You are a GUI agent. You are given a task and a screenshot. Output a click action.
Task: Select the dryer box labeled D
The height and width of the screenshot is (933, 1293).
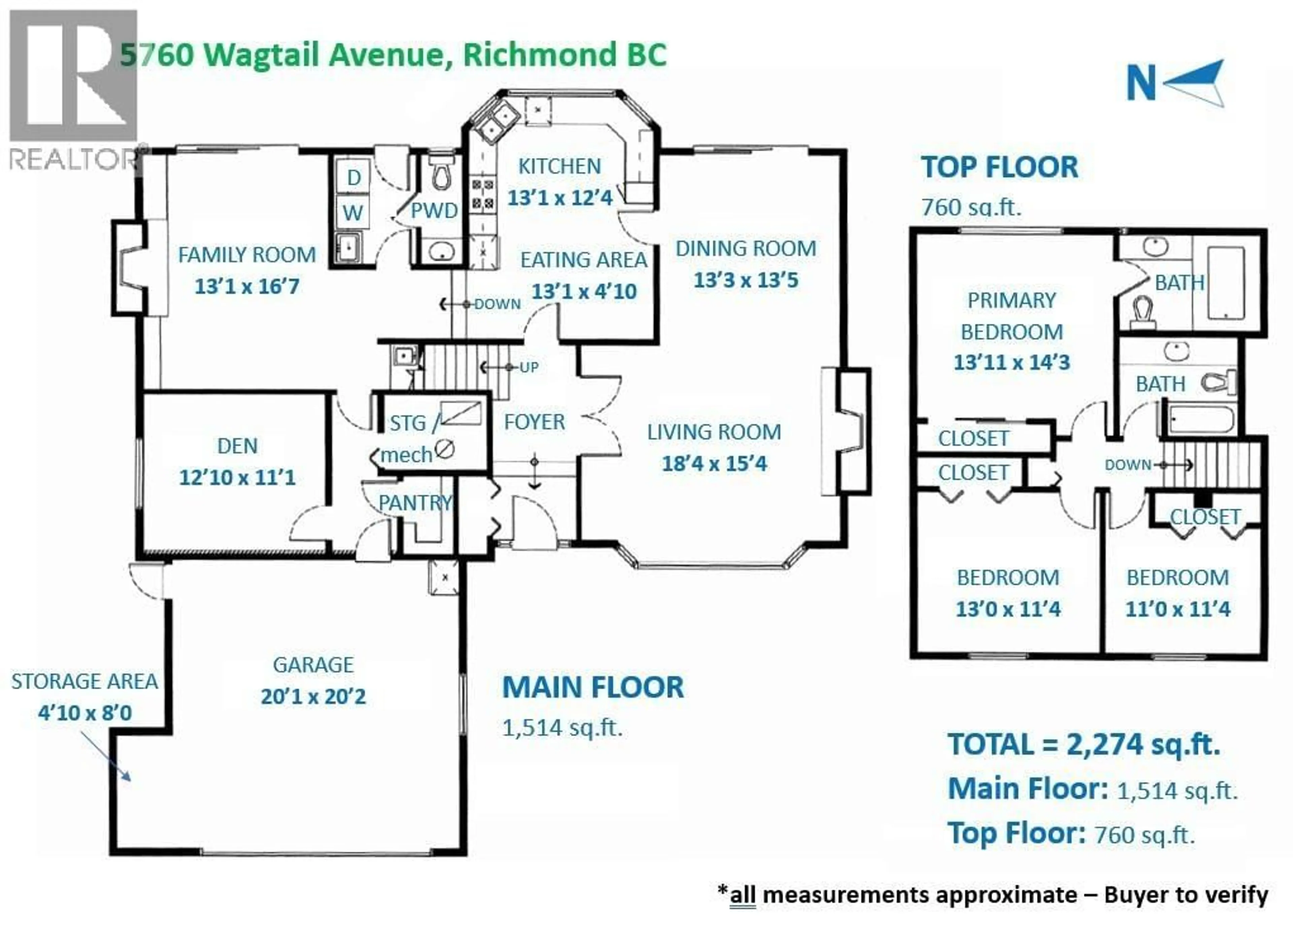click(x=354, y=177)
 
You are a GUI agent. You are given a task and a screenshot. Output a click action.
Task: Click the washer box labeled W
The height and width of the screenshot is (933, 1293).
click(x=353, y=213)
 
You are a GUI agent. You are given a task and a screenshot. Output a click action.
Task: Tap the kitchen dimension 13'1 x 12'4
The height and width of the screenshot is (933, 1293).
click(x=560, y=198)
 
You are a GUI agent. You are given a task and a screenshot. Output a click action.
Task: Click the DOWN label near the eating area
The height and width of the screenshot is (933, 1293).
click(x=497, y=304)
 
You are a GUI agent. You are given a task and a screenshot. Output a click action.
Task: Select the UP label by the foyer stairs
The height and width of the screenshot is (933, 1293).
click(x=529, y=367)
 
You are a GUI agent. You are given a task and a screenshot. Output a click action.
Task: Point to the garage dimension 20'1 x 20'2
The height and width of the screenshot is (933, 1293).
click(x=313, y=696)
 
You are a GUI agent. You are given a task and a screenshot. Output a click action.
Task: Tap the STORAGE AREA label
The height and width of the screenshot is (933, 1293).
click(x=85, y=681)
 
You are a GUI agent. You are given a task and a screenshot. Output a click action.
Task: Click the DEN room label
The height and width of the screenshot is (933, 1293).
click(x=237, y=446)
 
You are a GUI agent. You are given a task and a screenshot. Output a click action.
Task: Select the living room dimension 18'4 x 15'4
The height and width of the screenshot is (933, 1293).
click(x=714, y=464)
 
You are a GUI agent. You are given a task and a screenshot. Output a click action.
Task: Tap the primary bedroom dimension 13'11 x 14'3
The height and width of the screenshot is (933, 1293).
click(x=1012, y=362)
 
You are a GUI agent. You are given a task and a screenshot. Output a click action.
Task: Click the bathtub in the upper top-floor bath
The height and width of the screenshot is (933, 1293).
click(x=1225, y=283)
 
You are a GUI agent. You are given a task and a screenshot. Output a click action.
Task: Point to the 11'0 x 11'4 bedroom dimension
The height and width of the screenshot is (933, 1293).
click(x=1177, y=609)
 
